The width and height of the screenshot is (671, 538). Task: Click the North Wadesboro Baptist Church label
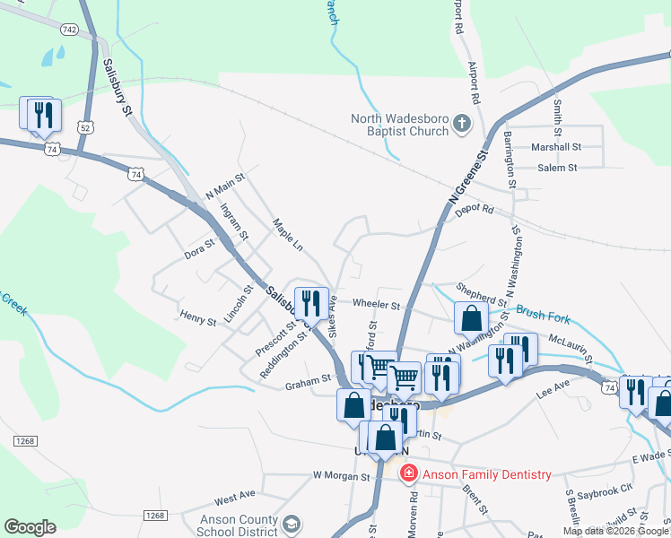tap(399, 126)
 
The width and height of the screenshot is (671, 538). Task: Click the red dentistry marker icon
tap(409, 472)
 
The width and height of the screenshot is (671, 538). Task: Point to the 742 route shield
tap(69, 30)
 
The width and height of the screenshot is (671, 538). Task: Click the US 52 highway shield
tap(85, 128)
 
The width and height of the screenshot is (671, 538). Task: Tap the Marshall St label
tap(556, 146)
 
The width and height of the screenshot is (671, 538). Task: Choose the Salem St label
tap(557, 168)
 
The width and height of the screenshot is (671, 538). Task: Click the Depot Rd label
tap(475, 210)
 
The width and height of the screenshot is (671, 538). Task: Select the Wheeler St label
tap(374, 304)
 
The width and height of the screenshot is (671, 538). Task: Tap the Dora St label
tap(200, 248)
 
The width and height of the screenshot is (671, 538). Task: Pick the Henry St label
tap(198, 317)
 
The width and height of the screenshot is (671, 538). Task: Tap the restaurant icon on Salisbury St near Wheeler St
tap(310, 303)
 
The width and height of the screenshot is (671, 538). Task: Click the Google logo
tap(30, 527)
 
